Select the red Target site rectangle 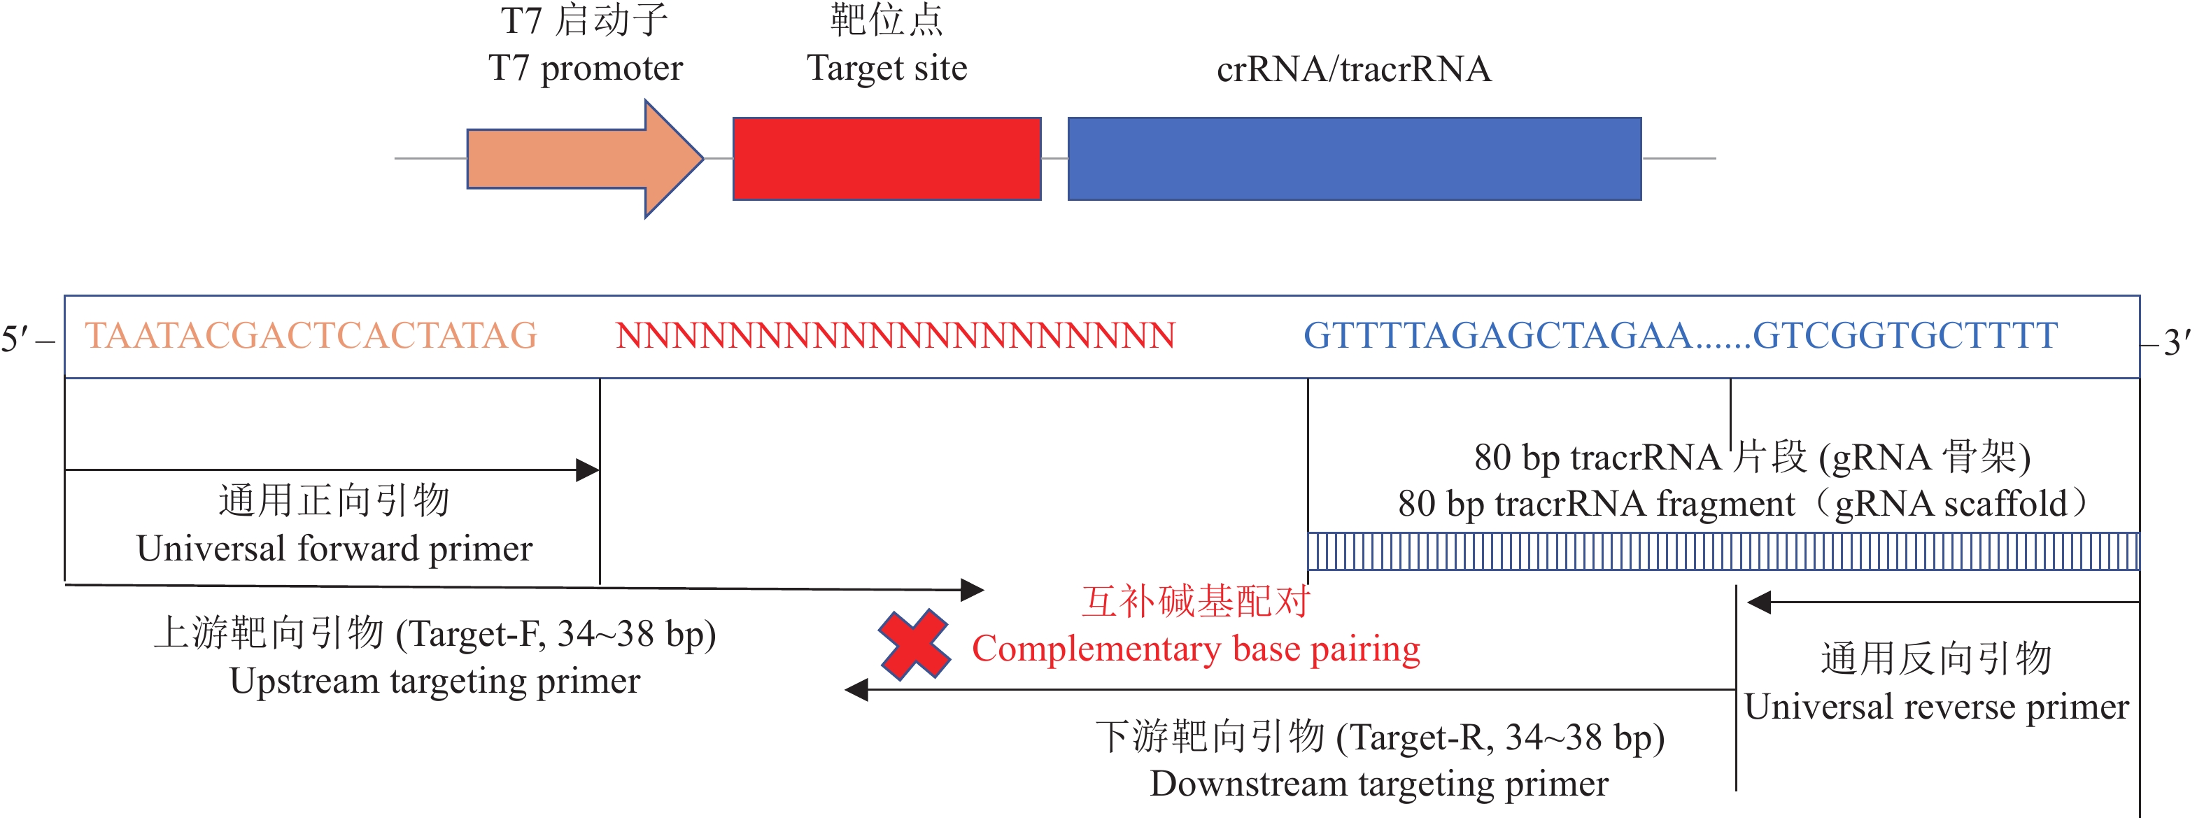[886, 158]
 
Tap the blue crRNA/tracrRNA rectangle [1354, 158]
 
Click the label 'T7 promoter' [585, 69]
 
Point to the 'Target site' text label [886, 69]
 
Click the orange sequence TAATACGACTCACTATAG [311, 335]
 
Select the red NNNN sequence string [895, 335]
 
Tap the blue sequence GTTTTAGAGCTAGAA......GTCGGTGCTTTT [1679, 335]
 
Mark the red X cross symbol [914, 645]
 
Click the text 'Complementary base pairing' [1195, 649]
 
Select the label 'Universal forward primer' [334, 549]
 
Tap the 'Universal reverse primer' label [1936, 707]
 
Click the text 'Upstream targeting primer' [434, 681]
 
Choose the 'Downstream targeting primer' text [1378, 784]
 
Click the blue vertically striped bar [1723, 551]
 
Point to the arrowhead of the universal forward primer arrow [588, 470]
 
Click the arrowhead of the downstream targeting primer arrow [856, 690]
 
